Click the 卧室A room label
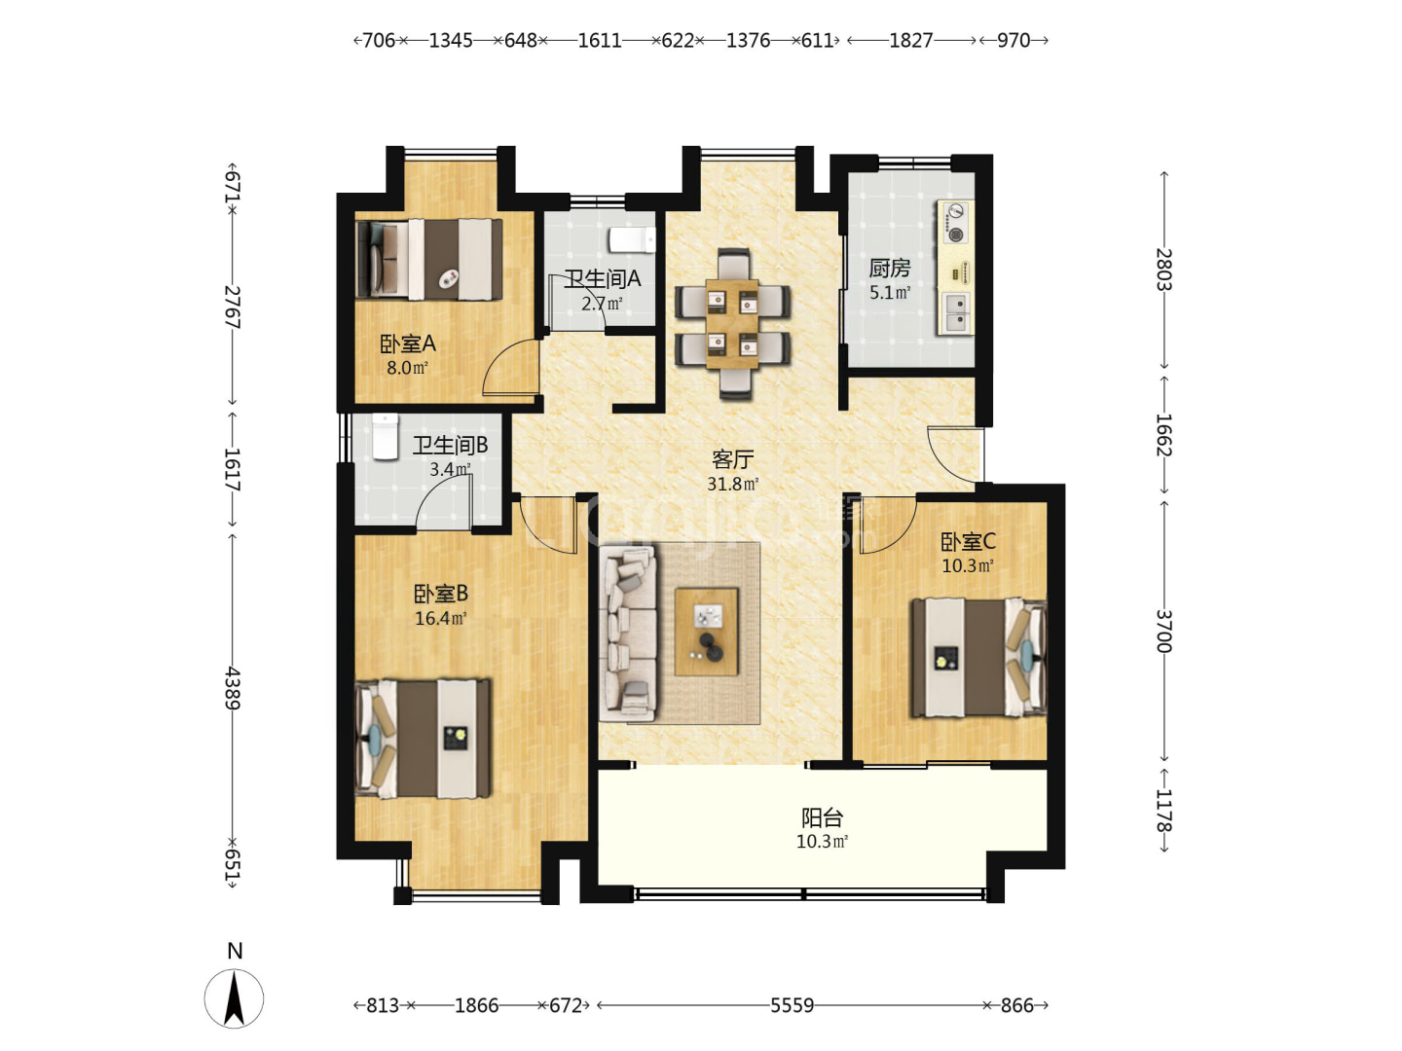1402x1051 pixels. click(x=408, y=344)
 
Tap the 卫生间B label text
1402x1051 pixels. click(x=451, y=445)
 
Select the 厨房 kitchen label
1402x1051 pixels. click(x=889, y=269)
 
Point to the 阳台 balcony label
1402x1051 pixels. click(x=822, y=817)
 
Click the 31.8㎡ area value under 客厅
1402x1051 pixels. click(x=732, y=484)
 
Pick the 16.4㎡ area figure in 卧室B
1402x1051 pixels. click(x=441, y=618)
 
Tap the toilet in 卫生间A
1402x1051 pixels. click(x=632, y=240)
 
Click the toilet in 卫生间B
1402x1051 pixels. click(x=386, y=437)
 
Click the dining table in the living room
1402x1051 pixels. click(x=732, y=323)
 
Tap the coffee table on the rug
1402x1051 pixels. click(x=707, y=632)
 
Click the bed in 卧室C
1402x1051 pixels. click(x=978, y=657)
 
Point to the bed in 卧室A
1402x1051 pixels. click(x=429, y=259)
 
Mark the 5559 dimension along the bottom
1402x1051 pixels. click(x=792, y=1005)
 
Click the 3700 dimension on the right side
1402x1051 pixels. click(x=1163, y=631)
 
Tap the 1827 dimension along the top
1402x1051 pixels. click(x=911, y=40)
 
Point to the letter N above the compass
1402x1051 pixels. click(x=235, y=950)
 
